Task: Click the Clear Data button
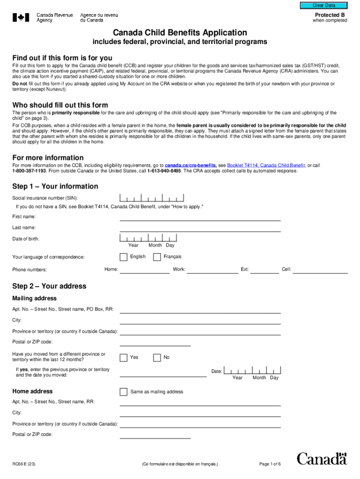[x=324, y=5]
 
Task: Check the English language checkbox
[x=123, y=257]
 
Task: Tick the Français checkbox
[x=157, y=257]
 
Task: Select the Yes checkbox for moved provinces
[x=123, y=358]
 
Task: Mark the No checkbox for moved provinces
[x=157, y=358]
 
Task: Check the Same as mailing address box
[x=123, y=392]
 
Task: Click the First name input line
[x=200, y=217]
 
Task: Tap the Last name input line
[x=200, y=228]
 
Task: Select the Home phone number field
[x=144, y=270]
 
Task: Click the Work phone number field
[x=213, y=270]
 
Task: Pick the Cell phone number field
[x=320, y=270]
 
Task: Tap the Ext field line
[x=265, y=270]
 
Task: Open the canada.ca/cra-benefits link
[x=190, y=166]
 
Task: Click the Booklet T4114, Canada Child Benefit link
[x=266, y=166]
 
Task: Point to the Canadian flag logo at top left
[x=21, y=18]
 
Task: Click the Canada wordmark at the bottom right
[x=322, y=458]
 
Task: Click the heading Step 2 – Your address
[x=49, y=286]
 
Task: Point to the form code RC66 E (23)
[x=24, y=464]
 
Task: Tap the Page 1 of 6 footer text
[x=270, y=464]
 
